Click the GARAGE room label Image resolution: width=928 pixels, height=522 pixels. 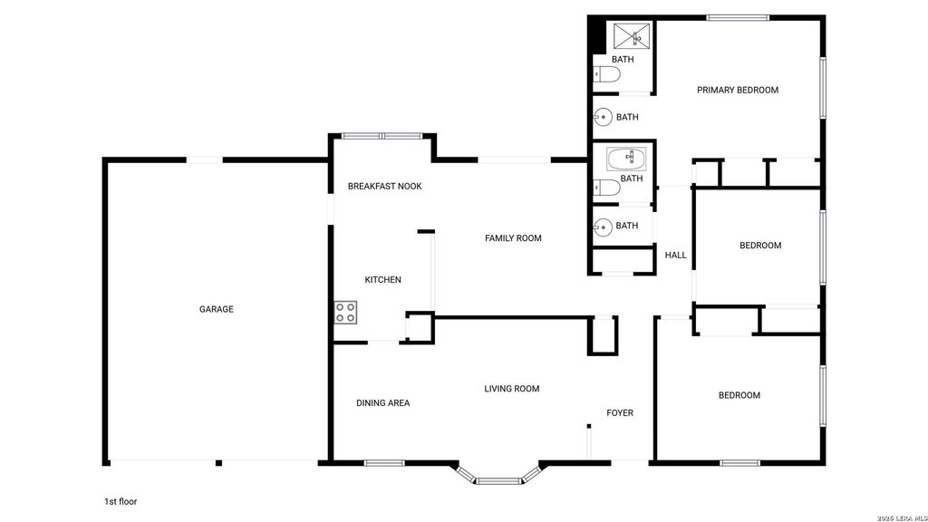(216, 309)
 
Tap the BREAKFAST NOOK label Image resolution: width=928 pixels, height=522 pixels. (384, 186)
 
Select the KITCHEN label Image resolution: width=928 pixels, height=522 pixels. (382, 279)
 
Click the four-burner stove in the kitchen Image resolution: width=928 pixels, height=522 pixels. (345, 313)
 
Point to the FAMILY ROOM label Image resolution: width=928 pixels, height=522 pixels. (513, 238)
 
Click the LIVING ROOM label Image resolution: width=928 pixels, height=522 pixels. (512, 389)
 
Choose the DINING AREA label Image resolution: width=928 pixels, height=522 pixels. (383, 403)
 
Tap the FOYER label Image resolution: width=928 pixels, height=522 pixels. (620, 413)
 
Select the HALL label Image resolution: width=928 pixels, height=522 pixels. (675, 255)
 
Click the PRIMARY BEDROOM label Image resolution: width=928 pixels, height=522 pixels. (738, 90)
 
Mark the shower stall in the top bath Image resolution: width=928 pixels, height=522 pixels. (632, 36)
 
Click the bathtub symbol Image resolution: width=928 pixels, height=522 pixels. (626, 159)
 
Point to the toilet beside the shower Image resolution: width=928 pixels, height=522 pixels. (606, 74)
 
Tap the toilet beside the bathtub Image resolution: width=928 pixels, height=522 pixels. (606, 188)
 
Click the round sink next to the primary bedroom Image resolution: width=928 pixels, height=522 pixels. (603, 117)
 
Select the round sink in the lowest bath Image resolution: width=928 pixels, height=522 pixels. (603, 227)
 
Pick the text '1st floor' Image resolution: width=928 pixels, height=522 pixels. (121, 501)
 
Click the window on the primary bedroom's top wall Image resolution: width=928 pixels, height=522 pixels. (738, 18)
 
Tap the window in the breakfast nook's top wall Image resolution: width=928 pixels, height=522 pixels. (382, 136)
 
